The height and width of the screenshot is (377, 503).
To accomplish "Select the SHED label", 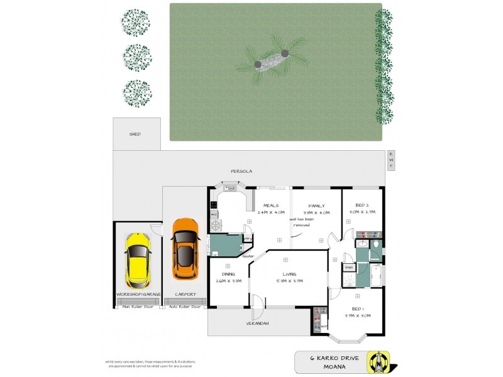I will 135,134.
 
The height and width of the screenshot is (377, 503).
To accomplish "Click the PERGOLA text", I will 241,171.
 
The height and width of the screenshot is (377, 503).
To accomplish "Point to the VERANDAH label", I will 258,324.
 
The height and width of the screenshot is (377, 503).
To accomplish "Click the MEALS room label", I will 271,205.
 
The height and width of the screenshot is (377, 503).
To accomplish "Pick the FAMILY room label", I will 316,205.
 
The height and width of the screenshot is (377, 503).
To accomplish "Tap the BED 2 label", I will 362,205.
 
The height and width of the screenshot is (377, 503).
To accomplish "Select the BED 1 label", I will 358,309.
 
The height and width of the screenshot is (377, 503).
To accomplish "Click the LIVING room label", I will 289,274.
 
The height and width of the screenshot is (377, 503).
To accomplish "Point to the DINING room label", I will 228,274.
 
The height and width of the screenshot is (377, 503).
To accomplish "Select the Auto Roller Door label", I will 185,307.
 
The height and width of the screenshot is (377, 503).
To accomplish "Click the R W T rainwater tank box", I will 390,160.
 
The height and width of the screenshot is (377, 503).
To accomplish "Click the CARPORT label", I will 185,294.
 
